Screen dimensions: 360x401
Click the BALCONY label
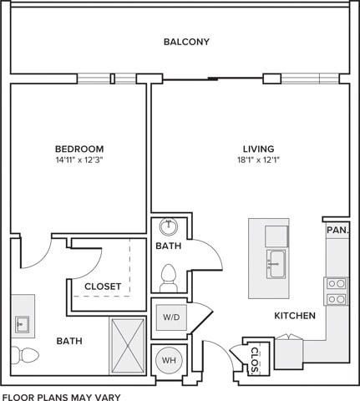tap(186, 42)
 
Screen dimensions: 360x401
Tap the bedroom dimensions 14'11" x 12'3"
tap(79, 160)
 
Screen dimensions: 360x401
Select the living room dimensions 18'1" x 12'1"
tap(258, 160)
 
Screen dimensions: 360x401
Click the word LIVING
tap(259, 149)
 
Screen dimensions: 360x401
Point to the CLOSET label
tap(103, 287)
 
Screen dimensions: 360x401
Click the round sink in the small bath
tap(169, 226)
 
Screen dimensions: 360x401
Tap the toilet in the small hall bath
tap(169, 278)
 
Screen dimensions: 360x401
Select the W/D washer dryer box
tap(171, 317)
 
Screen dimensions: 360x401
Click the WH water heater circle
tap(169, 360)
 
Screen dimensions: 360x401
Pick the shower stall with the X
tap(128, 346)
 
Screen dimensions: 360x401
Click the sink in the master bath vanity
tap(22, 324)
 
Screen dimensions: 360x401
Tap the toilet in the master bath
tap(25, 355)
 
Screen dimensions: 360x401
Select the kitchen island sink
tap(276, 264)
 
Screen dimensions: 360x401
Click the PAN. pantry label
tap(337, 231)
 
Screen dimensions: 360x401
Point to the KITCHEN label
tap(295, 316)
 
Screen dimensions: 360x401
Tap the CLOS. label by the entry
tap(255, 360)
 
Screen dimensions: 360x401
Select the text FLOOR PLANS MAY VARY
tap(62, 397)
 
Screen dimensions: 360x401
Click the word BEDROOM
tap(79, 149)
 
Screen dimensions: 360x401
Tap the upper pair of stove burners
tap(337, 284)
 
